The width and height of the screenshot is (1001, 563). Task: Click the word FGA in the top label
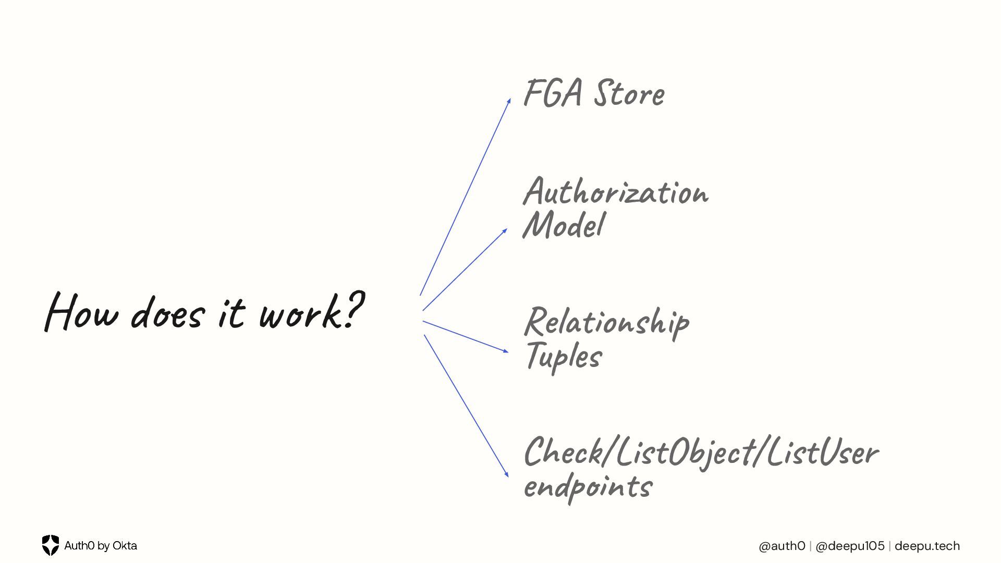coord(553,93)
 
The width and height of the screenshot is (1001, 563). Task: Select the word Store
coord(629,94)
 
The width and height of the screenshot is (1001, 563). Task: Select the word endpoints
coord(588,487)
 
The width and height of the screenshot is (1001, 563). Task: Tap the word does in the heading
coord(167,313)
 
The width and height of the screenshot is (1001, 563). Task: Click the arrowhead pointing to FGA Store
coord(509,101)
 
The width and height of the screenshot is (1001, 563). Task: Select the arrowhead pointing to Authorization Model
coord(505,230)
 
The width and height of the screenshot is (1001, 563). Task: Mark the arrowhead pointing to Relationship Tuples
coord(506,351)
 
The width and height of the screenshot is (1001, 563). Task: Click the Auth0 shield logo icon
coord(51,545)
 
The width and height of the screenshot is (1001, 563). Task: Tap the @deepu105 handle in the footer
coord(850,546)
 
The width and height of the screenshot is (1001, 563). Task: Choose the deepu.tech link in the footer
coord(927,546)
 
